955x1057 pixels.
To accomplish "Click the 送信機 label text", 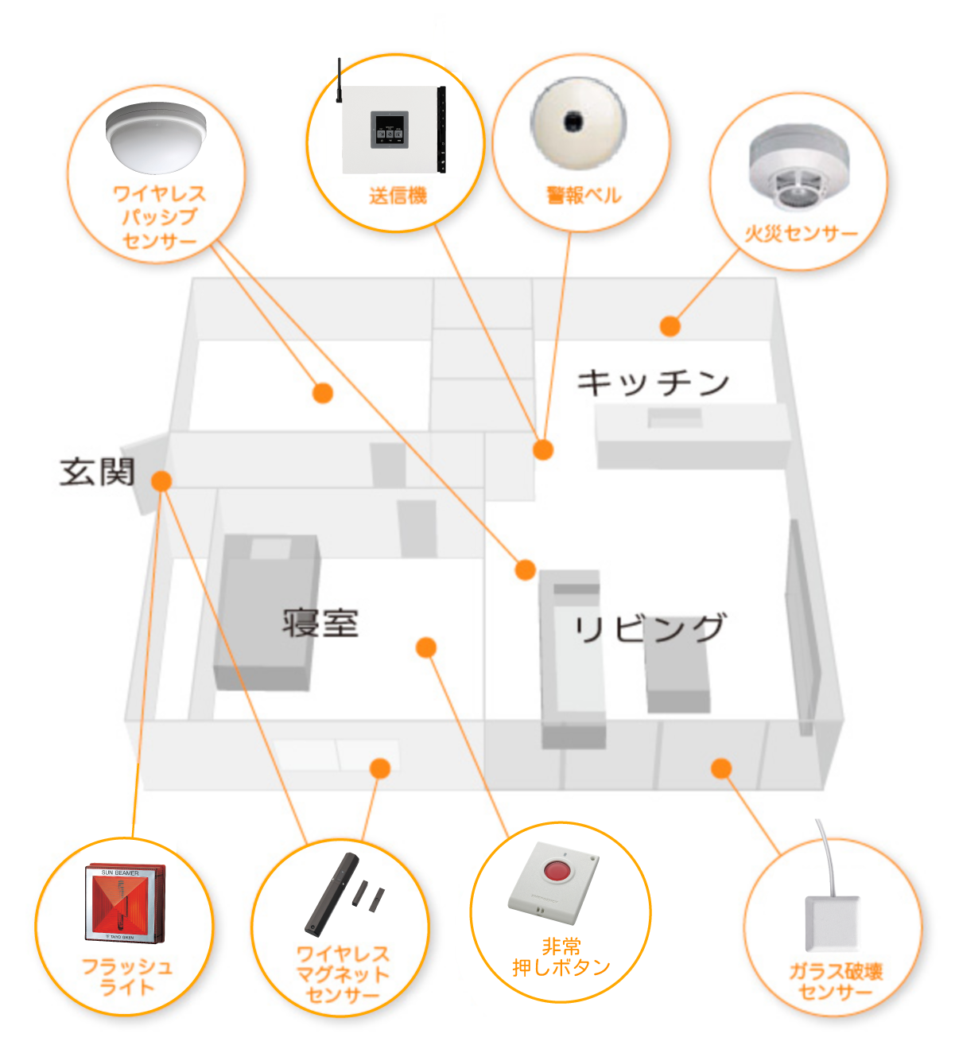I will point(398,195).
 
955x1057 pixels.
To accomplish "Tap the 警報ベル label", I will point(583,195).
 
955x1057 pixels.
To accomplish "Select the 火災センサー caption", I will point(800,233).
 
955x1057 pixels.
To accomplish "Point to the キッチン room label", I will point(653,383).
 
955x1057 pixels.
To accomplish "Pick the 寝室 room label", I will point(320,623).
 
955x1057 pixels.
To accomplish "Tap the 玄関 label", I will point(97,472).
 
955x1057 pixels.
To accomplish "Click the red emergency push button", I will point(557,870).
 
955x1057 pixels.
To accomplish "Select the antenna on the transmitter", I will point(340,80).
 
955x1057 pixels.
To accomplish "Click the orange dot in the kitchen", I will point(670,326).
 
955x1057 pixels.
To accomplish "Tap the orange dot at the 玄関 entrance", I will point(161,480).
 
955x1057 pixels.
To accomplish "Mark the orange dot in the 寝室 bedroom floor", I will point(426,647).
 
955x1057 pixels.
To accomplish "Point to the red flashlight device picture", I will point(126,904).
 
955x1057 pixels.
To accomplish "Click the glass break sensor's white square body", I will point(832,923).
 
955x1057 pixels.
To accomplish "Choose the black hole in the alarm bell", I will point(573,122).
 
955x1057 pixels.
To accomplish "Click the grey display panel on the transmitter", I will point(389,130).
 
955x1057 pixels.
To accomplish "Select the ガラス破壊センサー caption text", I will point(835,981).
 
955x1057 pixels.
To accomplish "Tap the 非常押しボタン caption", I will point(561,957).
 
